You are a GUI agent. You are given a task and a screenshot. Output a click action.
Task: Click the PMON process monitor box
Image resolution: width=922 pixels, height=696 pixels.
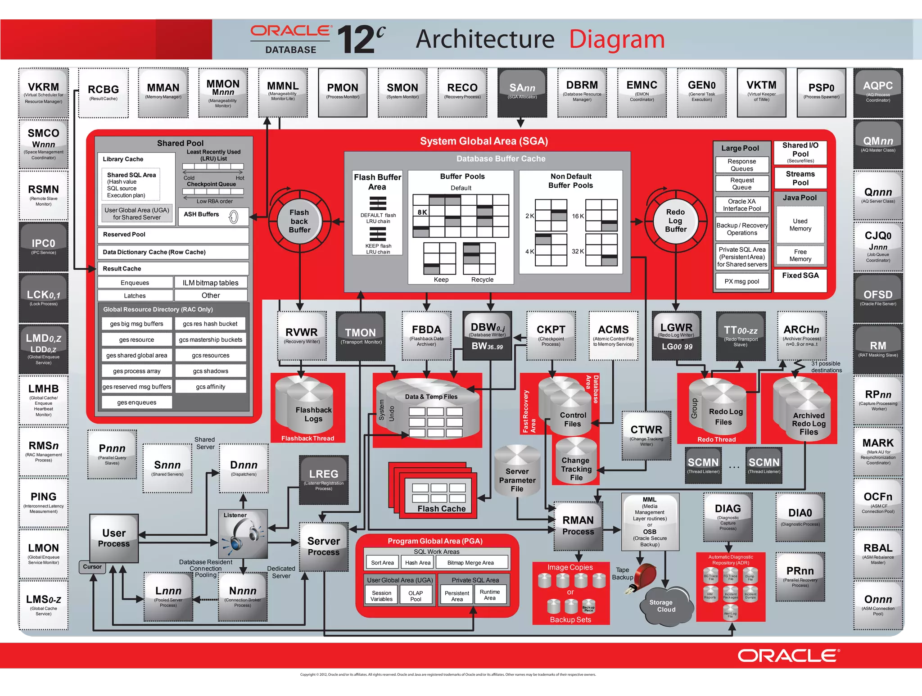click(x=343, y=92)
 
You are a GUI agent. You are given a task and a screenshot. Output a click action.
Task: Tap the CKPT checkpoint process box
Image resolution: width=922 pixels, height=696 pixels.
click(x=551, y=335)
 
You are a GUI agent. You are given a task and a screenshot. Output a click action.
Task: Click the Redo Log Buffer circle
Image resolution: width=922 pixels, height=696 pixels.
click(x=675, y=221)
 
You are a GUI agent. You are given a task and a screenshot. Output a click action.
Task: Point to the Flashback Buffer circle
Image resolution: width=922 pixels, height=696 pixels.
click(x=299, y=221)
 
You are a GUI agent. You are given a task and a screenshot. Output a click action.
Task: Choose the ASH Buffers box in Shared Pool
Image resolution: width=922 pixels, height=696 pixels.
click(x=213, y=216)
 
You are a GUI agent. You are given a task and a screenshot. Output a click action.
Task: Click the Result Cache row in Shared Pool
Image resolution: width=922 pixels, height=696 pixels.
click(x=173, y=269)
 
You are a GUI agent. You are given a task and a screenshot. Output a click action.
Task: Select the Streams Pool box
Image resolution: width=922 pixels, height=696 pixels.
click(x=800, y=178)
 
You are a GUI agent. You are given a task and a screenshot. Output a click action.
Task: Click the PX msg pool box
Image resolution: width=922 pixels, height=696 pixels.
click(x=741, y=282)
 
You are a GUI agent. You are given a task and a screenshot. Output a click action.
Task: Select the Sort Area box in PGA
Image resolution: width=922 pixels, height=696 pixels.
click(x=382, y=563)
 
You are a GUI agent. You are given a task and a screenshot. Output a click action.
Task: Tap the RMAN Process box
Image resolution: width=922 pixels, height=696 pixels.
click(x=578, y=526)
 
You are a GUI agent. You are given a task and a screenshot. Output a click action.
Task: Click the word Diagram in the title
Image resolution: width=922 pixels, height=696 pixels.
click(x=617, y=40)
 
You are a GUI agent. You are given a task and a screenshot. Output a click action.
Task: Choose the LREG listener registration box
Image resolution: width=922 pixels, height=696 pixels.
click(x=324, y=480)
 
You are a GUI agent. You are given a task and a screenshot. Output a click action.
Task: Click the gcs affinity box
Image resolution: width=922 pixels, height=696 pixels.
click(x=210, y=387)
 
